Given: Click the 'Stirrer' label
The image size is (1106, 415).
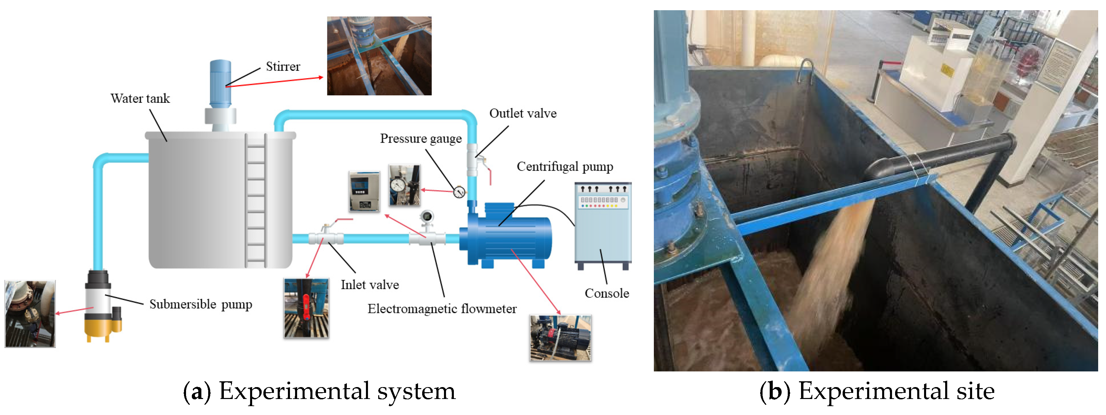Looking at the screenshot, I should (x=282, y=66).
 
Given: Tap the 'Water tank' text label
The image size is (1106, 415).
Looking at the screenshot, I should (x=140, y=98).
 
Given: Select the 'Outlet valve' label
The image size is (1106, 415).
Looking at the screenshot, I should (x=523, y=113).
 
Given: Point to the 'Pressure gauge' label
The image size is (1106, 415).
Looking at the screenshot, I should (x=420, y=139).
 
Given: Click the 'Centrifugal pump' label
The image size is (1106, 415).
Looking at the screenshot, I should (x=564, y=166).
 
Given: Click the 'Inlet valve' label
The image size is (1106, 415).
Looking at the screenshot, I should (x=369, y=285).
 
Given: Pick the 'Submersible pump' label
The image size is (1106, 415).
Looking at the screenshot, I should (x=200, y=304).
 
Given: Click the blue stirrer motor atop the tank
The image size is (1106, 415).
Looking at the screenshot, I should (x=220, y=84).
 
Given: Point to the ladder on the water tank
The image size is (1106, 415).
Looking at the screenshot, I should (x=256, y=199).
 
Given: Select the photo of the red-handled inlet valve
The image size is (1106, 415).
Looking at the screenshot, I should (x=306, y=308).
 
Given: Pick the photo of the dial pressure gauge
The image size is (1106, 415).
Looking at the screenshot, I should (x=404, y=185).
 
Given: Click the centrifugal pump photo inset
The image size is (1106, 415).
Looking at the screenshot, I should (x=560, y=338).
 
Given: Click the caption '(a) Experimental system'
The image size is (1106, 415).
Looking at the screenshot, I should (x=320, y=392).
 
